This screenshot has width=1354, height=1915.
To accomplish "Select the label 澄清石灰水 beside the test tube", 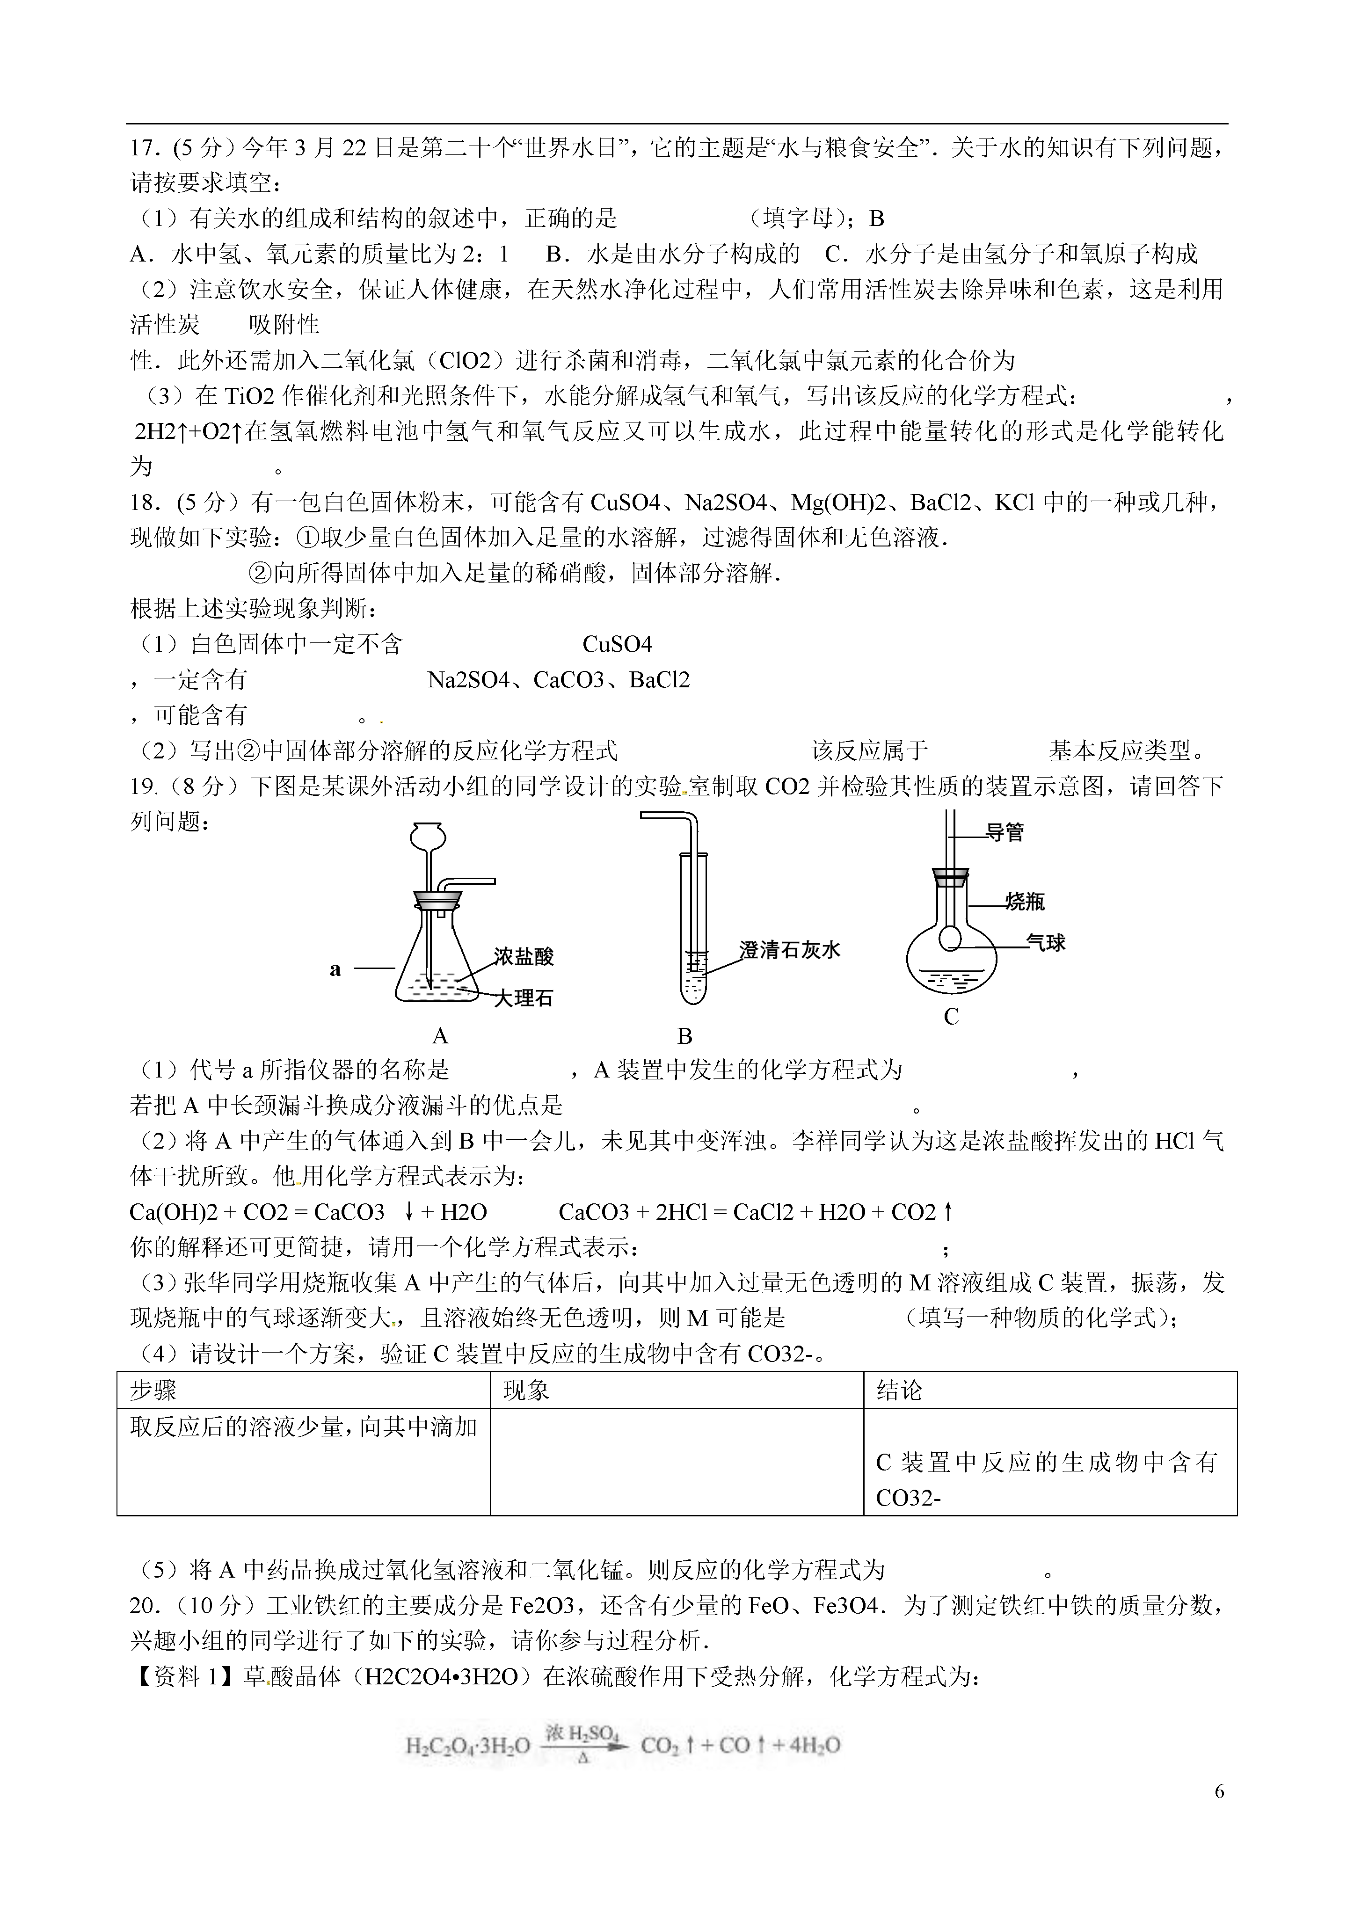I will click(789, 949).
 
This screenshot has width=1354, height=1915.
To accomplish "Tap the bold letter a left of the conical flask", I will click(335, 968).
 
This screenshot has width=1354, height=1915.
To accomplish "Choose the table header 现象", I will click(526, 1390).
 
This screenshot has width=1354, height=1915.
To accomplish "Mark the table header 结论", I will click(899, 1390).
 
